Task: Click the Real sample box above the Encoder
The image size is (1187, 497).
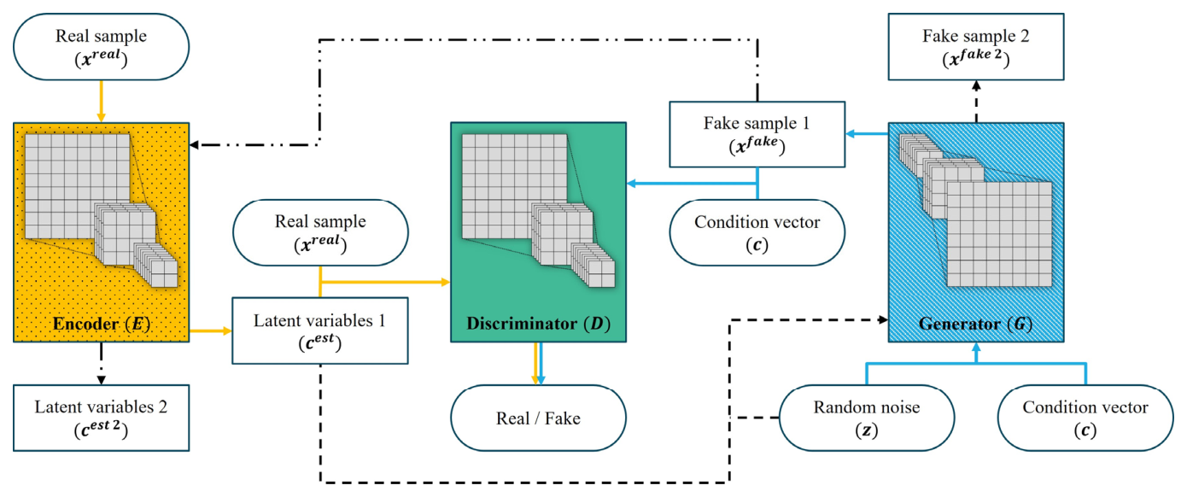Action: click(x=101, y=47)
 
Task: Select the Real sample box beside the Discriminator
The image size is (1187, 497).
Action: click(x=320, y=232)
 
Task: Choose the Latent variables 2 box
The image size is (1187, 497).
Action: click(x=101, y=417)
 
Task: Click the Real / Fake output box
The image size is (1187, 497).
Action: click(x=539, y=418)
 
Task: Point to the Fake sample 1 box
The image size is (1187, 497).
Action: click(x=757, y=134)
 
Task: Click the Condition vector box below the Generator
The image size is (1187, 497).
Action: click(x=1085, y=418)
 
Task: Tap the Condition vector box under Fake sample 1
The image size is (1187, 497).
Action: click(x=757, y=232)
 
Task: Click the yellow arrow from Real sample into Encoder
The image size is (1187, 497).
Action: click(x=101, y=100)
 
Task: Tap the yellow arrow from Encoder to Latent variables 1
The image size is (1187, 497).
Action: click(x=210, y=330)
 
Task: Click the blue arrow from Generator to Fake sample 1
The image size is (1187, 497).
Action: click(x=867, y=134)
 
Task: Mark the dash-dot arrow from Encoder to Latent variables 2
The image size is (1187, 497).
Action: click(x=101, y=362)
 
